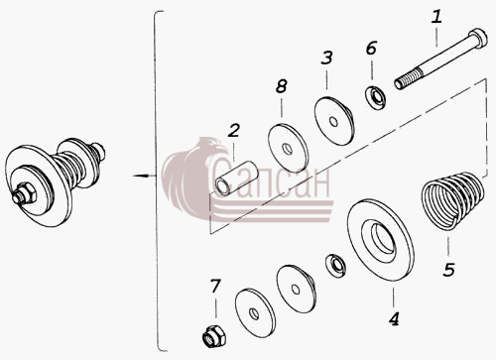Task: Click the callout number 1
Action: (436, 17)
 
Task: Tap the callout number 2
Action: (233, 131)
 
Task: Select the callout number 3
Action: (326, 58)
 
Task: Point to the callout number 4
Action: (394, 319)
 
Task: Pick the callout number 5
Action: (448, 270)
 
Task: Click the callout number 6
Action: (371, 49)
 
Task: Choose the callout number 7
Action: (215, 287)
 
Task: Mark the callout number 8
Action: (281, 86)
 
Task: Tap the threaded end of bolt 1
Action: (408, 80)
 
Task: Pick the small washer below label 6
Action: (375, 96)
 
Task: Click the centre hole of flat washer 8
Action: (288, 149)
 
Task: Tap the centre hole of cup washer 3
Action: (333, 122)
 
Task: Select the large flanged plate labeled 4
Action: (380, 240)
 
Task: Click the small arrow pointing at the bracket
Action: (144, 176)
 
